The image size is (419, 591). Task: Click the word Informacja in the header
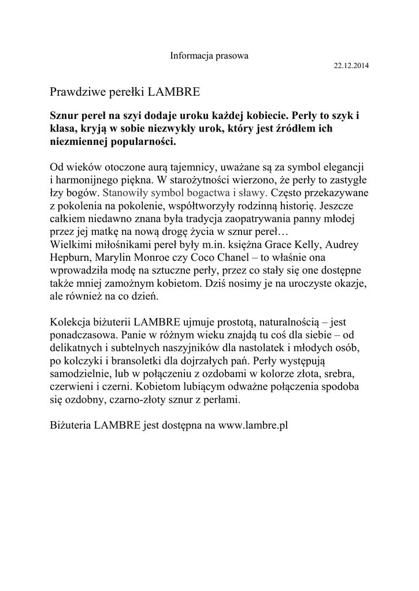(190, 56)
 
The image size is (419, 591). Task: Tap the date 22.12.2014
(352, 66)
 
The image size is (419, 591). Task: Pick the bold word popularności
(141, 141)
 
